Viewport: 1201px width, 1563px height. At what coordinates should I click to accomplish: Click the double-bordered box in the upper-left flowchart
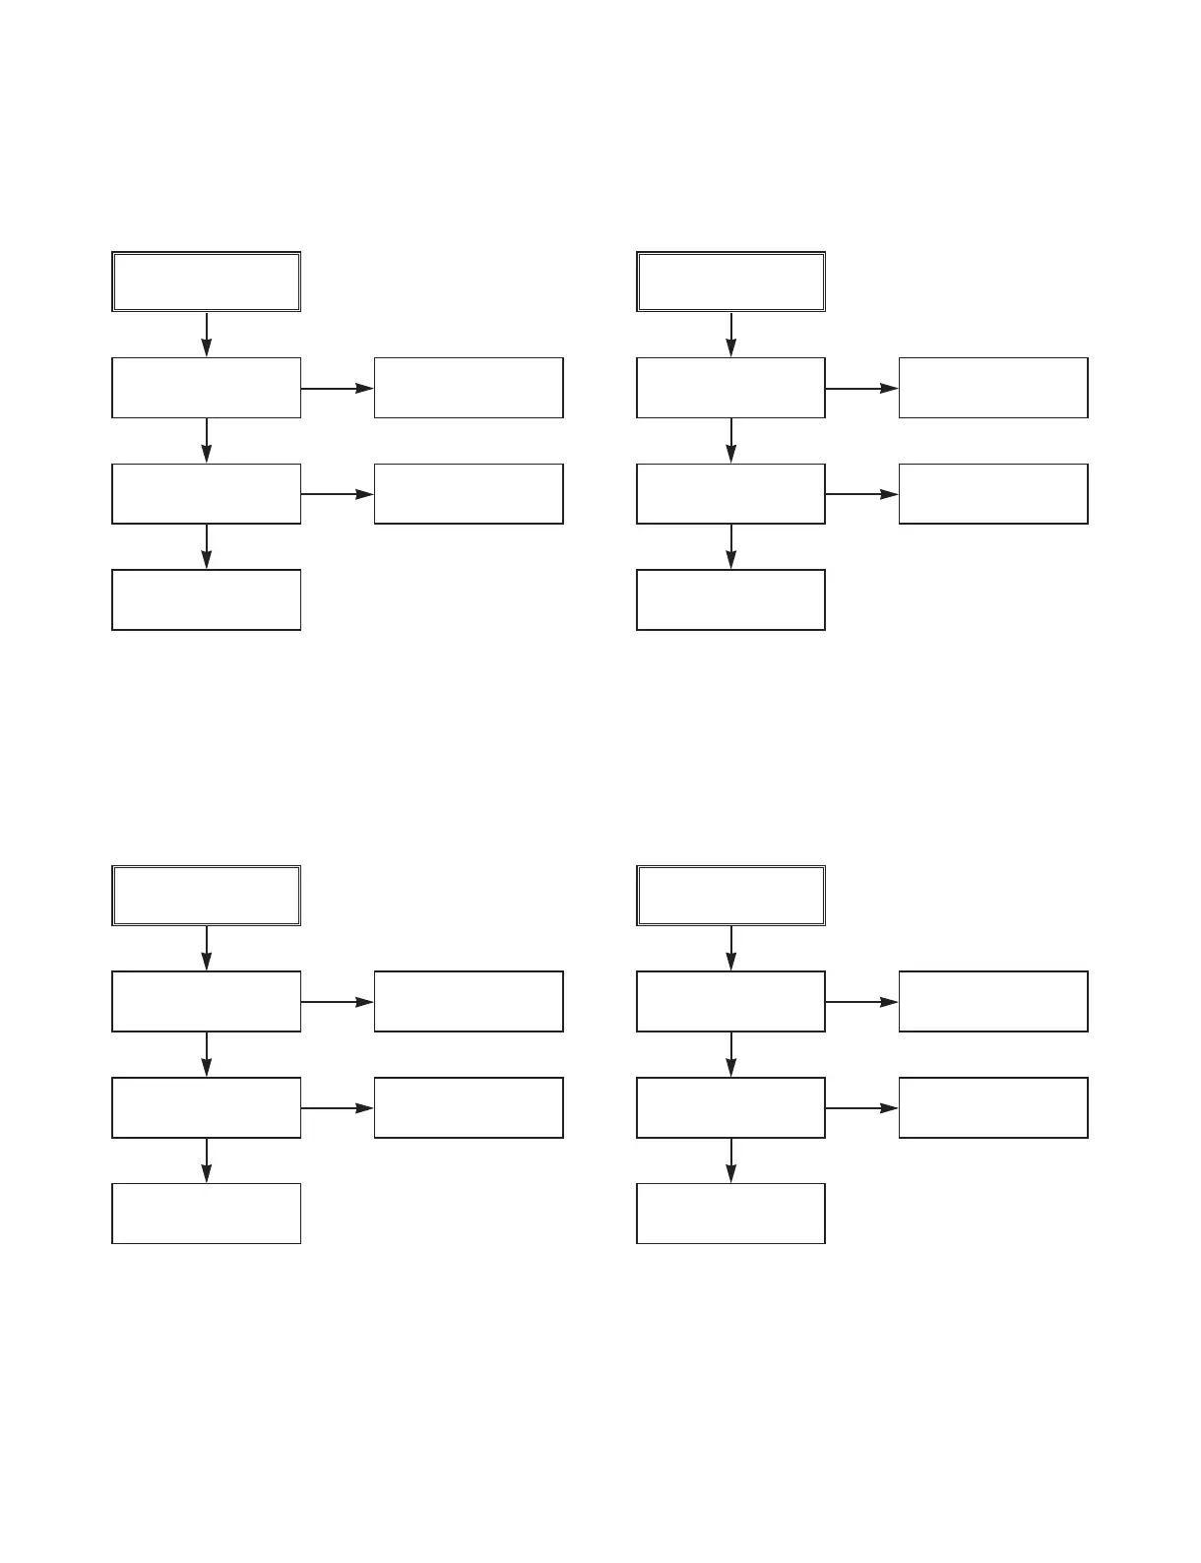point(206,281)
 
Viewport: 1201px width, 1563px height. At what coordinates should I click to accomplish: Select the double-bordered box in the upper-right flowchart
point(730,281)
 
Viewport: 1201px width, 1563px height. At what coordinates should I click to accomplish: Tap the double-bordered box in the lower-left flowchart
point(206,896)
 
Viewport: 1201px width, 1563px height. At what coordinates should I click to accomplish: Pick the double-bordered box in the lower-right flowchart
point(730,896)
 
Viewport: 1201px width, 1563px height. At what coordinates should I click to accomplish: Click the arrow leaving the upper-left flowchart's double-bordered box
point(206,335)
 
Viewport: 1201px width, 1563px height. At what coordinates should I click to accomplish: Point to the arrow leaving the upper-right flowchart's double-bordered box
point(730,335)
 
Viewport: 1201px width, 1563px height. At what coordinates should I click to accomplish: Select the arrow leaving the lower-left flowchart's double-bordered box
point(206,948)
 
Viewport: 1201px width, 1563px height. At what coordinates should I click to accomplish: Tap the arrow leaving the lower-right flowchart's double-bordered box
point(730,948)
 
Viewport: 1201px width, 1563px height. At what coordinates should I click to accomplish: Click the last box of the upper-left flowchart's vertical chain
point(206,599)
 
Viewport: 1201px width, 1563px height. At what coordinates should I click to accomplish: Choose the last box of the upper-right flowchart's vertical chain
point(730,599)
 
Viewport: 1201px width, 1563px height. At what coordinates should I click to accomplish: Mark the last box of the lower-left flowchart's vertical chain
point(206,1214)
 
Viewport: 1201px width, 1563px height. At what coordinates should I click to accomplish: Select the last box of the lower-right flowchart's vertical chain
point(730,1214)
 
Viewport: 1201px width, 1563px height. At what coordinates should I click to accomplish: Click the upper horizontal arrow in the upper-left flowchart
point(337,388)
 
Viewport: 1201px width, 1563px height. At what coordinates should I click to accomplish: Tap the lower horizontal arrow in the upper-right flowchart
point(861,494)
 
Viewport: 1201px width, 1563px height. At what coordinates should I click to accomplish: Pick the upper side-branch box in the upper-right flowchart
point(993,388)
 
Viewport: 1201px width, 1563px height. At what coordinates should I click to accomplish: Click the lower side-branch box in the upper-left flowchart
point(469,494)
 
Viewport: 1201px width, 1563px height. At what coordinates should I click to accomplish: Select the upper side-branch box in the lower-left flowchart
point(469,1002)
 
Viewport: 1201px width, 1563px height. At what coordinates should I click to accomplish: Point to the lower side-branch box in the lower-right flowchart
point(993,1107)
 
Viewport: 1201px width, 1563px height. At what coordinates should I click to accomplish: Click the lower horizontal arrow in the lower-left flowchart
point(337,1107)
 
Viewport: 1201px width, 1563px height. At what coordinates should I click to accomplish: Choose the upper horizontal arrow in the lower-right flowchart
point(861,1002)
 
